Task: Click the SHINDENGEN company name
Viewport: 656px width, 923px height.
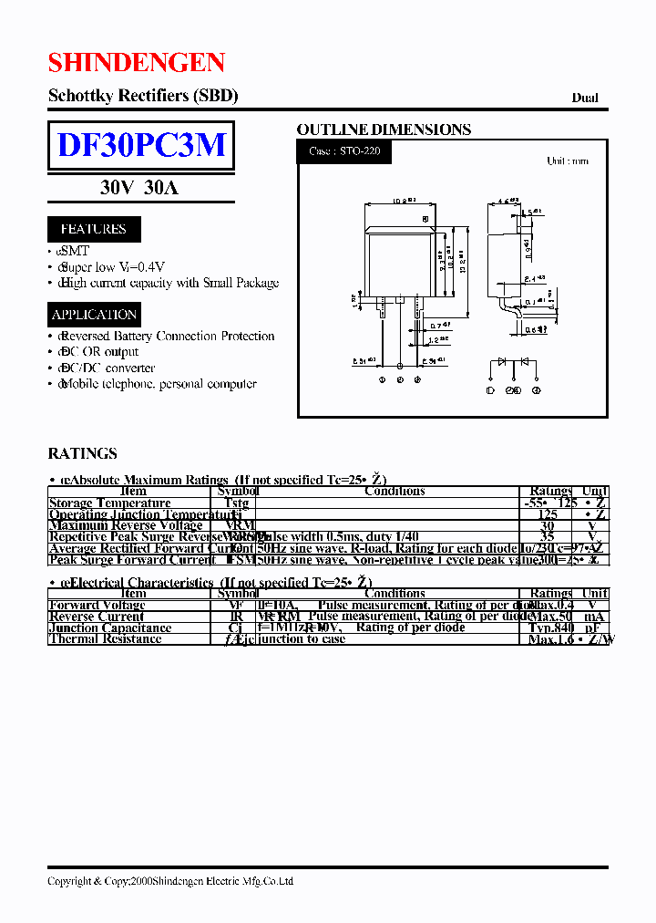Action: click(x=136, y=63)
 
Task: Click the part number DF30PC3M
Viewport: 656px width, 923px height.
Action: click(x=141, y=146)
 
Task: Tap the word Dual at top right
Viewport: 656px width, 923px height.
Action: click(x=585, y=98)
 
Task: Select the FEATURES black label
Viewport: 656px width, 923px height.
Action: click(x=94, y=229)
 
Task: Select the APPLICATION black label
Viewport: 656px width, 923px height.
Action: click(x=94, y=315)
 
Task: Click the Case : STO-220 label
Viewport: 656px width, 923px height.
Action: click(x=344, y=151)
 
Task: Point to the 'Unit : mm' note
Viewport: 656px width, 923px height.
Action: click(x=567, y=161)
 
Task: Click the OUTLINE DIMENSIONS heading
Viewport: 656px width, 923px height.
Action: click(x=384, y=130)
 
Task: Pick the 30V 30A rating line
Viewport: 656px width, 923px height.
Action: click(x=139, y=189)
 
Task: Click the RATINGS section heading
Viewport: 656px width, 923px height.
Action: click(x=82, y=453)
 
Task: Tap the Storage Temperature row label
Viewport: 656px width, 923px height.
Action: click(x=110, y=503)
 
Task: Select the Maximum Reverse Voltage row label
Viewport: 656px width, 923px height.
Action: click(x=126, y=525)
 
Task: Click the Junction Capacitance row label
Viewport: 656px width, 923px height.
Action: click(x=110, y=627)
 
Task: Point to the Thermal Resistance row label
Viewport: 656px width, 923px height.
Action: click(x=106, y=638)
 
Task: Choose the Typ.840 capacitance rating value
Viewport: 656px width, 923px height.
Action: click(x=550, y=627)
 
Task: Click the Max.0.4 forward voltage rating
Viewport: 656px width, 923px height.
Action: click(x=550, y=605)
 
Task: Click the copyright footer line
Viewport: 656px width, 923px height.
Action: click(x=170, y=881)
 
